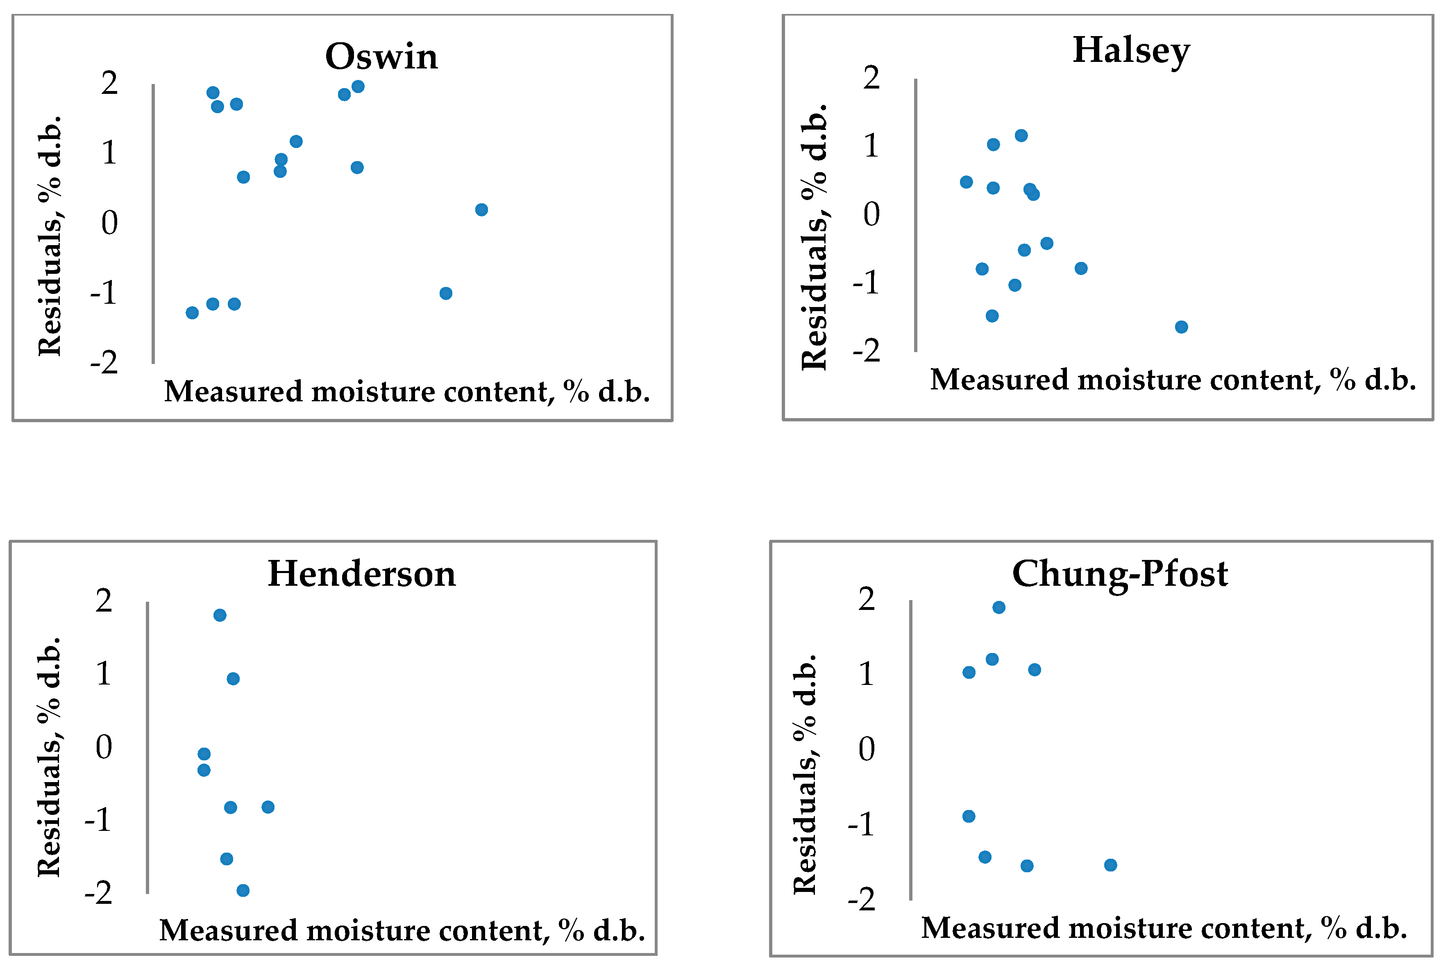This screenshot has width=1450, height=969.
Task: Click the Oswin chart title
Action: pos(381,57)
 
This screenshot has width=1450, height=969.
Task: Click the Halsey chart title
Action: pos(1131,51)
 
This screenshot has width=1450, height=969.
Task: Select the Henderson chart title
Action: pos(362,574)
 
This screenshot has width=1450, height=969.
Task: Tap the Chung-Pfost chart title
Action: pos(1120,574)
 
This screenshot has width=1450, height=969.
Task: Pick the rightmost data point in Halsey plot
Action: pos(1181,327)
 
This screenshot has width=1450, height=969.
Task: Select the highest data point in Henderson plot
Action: pos(220,615)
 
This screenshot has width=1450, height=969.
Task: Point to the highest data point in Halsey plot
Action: pos(1021,135)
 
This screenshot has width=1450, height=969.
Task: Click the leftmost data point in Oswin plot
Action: pos(192,313)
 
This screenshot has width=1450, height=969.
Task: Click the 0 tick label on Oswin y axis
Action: pos(109,223)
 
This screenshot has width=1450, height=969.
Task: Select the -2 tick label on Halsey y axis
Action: pos(867,351)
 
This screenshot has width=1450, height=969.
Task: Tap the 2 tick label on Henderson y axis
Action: pos(104,601)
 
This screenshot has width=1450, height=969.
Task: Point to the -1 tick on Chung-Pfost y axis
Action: pos(862,824)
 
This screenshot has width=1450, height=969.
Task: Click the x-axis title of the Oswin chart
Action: pos(407,392)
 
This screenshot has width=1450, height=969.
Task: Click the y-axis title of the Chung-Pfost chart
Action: pos(805,774)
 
